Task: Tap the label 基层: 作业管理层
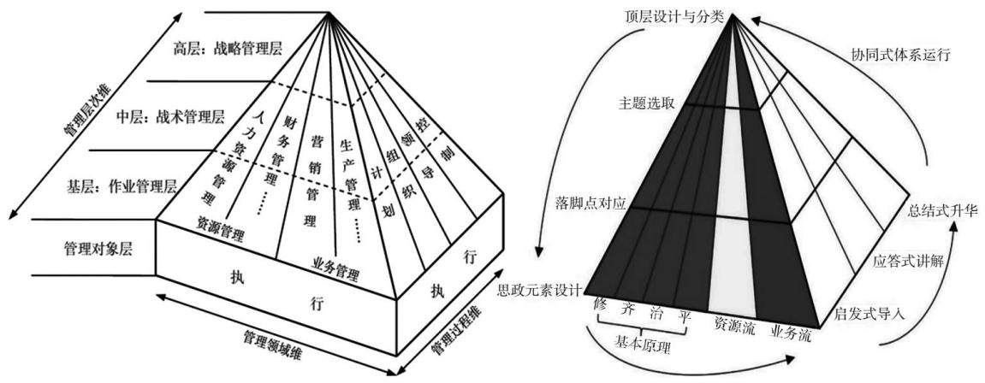click(x=122, y=186)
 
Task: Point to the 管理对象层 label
click(x=92, y=247)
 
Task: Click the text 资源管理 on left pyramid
click(x=220, y=229)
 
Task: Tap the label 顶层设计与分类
click(x=677, y=15)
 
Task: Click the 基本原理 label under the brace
click(x=642, y=344)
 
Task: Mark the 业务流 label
click(x=790, y=333)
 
